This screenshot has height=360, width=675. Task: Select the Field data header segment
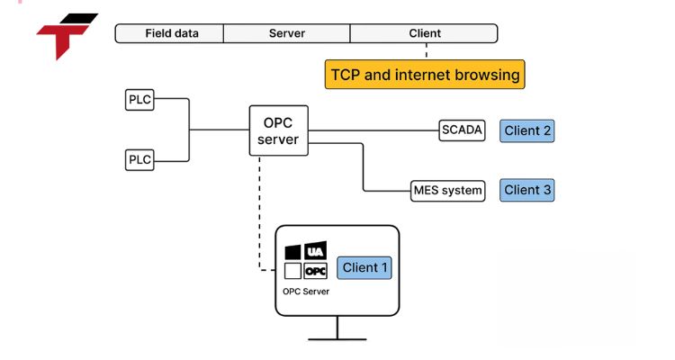coord(171,33)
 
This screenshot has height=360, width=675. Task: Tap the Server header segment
coord(286,33)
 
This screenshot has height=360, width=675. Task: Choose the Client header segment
coord(424,33)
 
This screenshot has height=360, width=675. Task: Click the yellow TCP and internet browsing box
coord(425,75)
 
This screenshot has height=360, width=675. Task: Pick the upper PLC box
coord(139,99)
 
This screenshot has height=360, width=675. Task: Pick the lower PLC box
coord(139,159)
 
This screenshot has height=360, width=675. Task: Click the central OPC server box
coord(278,130)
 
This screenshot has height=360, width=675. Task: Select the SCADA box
coord(462,130)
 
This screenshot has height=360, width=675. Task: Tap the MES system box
coord(447,190)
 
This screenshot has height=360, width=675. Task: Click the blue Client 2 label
coord(527,130)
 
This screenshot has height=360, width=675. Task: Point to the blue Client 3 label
coord(527,190)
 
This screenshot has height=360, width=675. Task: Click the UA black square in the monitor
coord(315,251)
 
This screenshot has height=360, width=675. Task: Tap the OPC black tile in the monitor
coord(315,270)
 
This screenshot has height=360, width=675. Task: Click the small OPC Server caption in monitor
coord(306,292)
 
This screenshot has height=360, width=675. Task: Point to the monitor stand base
coord(337,339)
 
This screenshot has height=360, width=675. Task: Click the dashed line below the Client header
coord(425,51)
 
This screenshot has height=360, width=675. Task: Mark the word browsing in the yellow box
coord(487,75)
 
